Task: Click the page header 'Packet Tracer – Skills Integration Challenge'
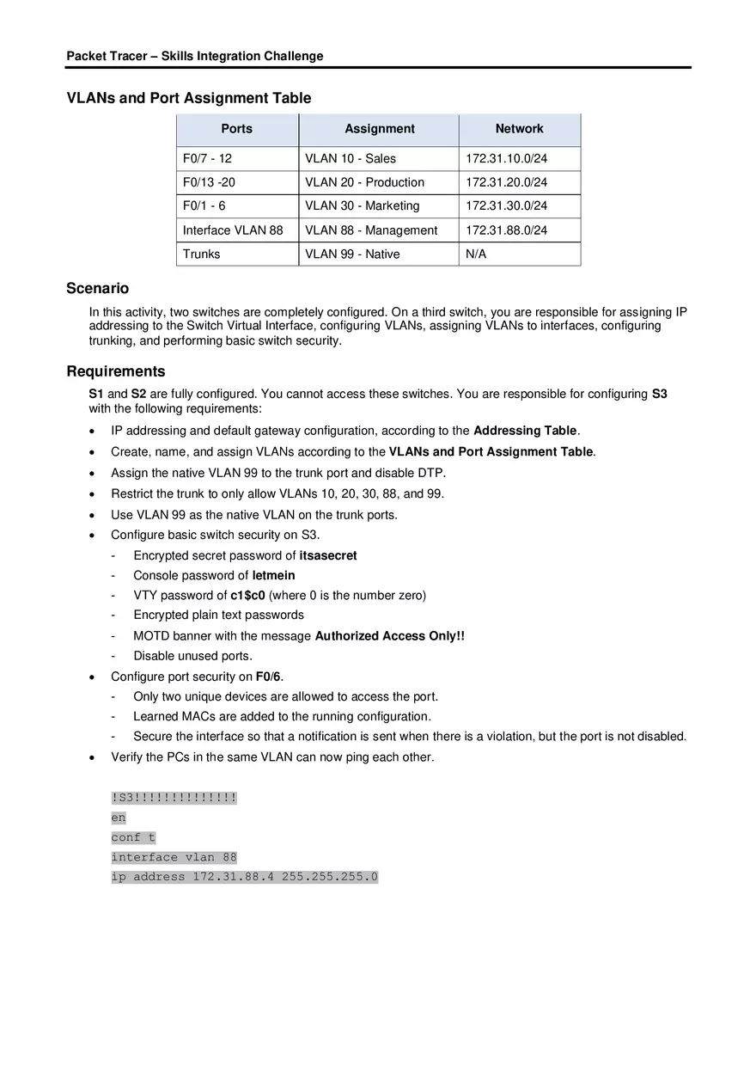tap(195, 56)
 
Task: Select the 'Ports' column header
tap(237, 129)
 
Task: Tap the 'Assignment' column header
tap(379, 129)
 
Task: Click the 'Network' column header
tap(519, 129)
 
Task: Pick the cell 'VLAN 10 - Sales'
tap(351, 159)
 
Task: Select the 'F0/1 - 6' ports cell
tap(204, 206)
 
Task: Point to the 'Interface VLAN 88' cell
tap(233, 230)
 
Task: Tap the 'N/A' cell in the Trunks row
tap(476, 254)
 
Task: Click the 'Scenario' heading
tap(98, 289)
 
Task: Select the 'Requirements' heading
tap(116, 371)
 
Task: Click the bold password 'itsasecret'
tap(328, 555)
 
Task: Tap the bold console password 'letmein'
tap(273, 575)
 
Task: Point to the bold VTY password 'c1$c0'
tap(247, 595)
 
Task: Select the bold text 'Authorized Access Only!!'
tap(389, 636)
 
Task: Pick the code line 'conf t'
tap(133, 837)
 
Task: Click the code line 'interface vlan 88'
tap(174, 857)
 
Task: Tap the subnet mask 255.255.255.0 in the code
tap(329, 877)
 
